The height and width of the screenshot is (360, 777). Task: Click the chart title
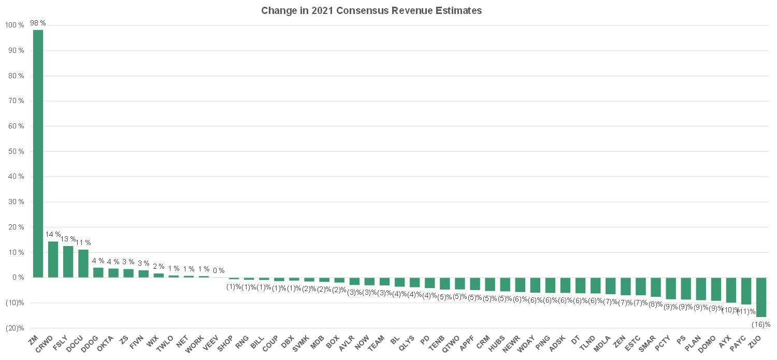click(x=371, y=11)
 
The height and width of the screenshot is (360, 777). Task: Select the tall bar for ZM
click(x=38, y=154)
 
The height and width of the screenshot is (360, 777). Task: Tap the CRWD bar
click(x=53, y=260)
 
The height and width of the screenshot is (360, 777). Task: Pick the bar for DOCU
click(x=83, y=264)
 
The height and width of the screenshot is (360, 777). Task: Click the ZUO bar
click(x=761, y=297)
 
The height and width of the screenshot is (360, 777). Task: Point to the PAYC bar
click(x=746, y=291)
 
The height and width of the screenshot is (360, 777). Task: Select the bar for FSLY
click(x=68, y=262)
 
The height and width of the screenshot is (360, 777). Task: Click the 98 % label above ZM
click(x=38, y=23)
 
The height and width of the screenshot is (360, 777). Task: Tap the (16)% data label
click(x=761, y=324)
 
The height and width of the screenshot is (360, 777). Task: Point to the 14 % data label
click(x=53, y=235)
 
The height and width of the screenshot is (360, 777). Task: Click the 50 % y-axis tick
click(x=16, y=152)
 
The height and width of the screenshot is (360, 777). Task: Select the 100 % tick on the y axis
click(x=15, y=25)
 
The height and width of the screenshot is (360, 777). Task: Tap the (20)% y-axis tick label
click(x=15, y=328)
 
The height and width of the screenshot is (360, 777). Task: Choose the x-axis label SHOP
click(x=225, y=343)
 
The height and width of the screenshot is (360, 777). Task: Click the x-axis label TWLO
click(x=165, y=343)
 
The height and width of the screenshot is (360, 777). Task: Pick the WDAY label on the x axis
click(x=526, y=344)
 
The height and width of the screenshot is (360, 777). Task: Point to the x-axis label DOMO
click(x=707, y=344)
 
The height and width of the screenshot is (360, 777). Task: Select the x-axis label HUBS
click(x=496, y=343)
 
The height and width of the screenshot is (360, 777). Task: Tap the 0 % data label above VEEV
click(x=219, y=270)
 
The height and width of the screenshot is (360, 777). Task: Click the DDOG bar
click(x=98, y=272)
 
